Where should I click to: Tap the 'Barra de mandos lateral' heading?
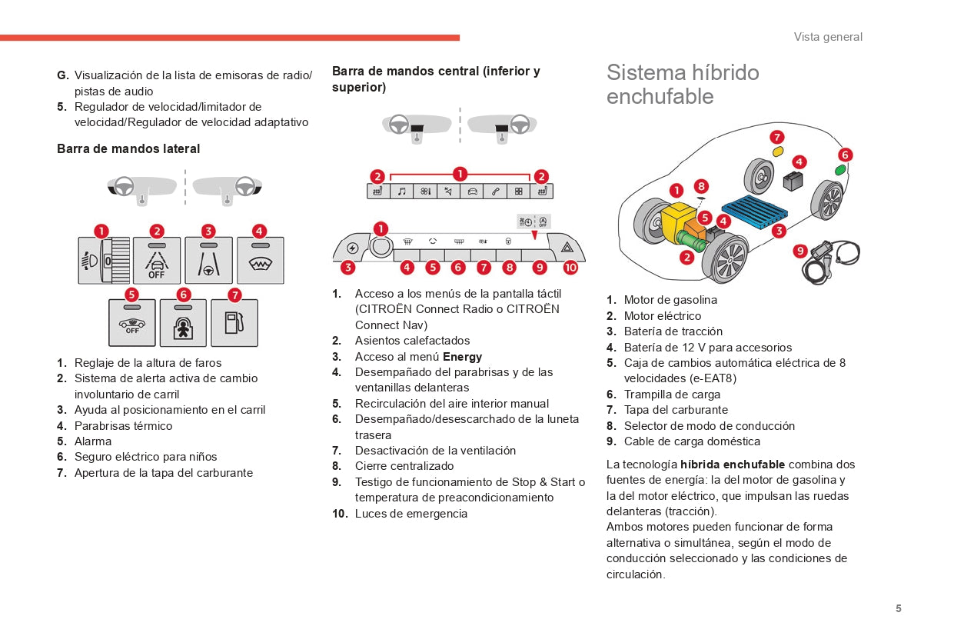click(x=128, y=148)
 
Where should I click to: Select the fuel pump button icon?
click(x=234, y=323)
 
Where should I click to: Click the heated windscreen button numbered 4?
click(x=260, y=261)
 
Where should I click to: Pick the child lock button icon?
click(x=183, y=323)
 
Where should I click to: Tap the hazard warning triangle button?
click(x=567, y=248)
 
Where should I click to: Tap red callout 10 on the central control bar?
click(x=570, y=268)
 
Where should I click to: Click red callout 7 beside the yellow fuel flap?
click(x=777, y=137)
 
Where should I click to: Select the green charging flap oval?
click(x=840, y=170)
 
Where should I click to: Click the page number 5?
click(x=898, y=608)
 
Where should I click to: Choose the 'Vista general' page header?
click(x=828, y=37)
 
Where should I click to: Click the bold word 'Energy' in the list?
click(x=462, y=356)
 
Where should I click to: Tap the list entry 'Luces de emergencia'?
click(x=411, y=514)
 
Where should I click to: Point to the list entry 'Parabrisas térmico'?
click(x=123, y=426)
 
